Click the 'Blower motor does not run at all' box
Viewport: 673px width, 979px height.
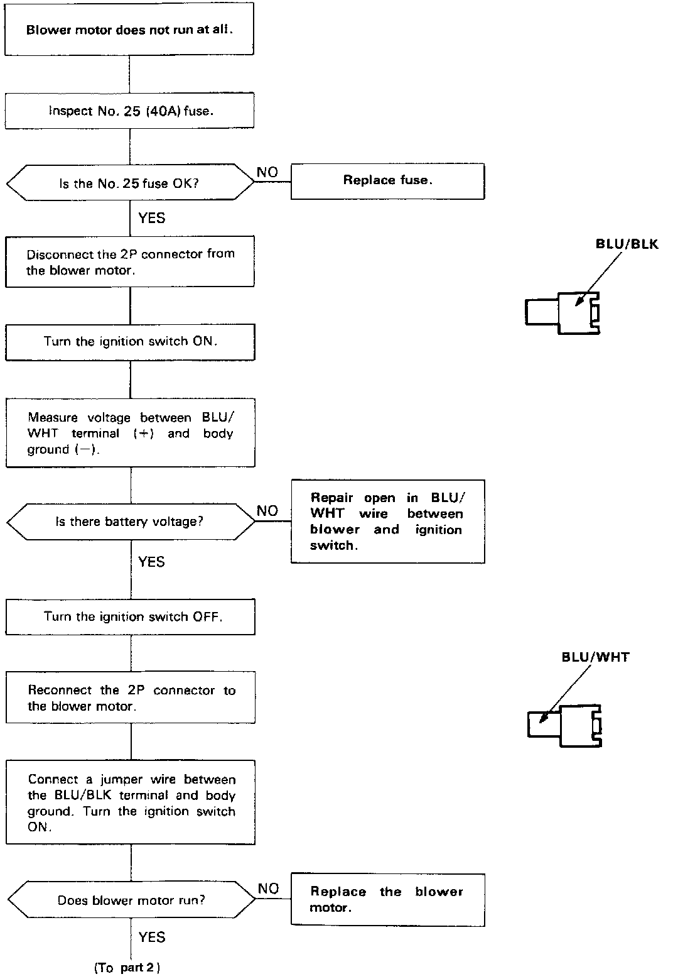coord(129,30)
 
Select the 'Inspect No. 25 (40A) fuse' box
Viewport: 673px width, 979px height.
coord(130,111)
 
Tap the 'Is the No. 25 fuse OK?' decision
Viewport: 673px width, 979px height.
coord(130,183)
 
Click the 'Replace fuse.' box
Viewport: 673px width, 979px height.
coord(387,181)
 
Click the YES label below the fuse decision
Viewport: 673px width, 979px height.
coord(151,218)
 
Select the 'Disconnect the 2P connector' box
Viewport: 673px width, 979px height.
coord(130,262)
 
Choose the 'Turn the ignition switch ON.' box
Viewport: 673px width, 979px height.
coord(130,342)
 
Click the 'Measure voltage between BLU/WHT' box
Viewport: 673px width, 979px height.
coord(130,433)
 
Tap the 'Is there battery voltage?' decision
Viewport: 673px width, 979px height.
coord(130,522)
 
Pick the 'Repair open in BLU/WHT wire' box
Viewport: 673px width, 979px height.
coord(387,522)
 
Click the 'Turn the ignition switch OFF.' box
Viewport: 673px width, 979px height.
coord(130,616)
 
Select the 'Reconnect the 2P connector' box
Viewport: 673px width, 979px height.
coord(130,698)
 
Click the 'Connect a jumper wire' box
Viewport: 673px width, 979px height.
coord(130,802)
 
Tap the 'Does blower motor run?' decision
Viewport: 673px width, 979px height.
coord(131,900)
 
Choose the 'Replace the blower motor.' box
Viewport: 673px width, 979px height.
coord(387,899)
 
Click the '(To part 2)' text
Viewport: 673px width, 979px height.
coord(127,968)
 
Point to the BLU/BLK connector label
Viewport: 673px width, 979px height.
coord(627,244)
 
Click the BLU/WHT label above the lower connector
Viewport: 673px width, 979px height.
coord(595,658)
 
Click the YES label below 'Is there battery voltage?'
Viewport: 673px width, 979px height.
coord(151,562)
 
